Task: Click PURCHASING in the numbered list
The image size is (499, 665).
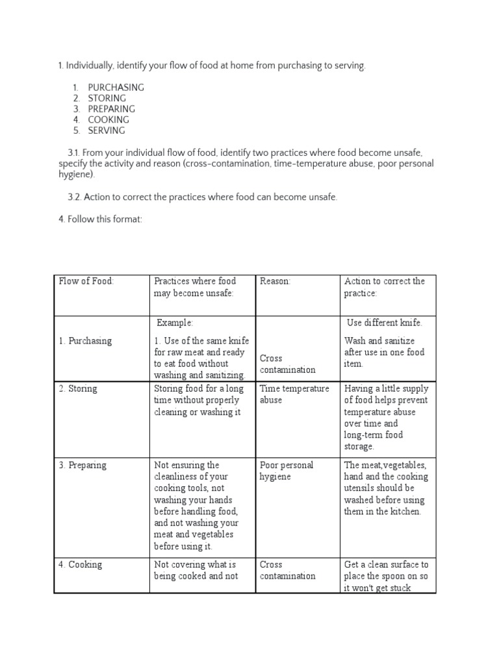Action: pos(116,87)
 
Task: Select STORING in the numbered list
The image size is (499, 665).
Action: pos(107,98)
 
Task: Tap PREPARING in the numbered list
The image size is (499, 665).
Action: pos(111,109)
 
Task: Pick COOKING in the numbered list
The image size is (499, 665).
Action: pos(109,119)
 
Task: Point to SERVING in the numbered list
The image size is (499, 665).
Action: pos(107,131)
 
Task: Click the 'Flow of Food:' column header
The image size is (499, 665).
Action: pos(86,281)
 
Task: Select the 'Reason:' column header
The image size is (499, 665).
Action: pos(275,281)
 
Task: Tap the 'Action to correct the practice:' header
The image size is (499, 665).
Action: pos(384,287)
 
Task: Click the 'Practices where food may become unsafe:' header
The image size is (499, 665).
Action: pos(194,287)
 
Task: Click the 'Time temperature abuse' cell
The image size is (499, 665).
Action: pos(294,394)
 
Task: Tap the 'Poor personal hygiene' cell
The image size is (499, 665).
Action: pos(287,471)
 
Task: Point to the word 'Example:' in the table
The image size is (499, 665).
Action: pos(175,323)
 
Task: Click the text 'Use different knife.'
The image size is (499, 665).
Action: pos(384,323)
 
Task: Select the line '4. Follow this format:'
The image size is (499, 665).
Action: pos(99,220)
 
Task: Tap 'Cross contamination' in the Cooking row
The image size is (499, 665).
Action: pos(287,570)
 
